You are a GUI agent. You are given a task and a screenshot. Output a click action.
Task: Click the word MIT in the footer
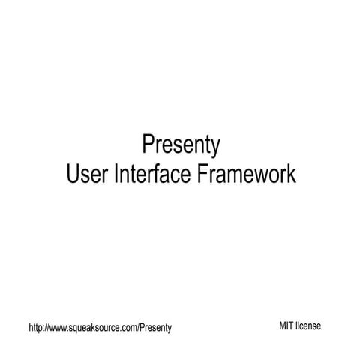(x=286, y=325)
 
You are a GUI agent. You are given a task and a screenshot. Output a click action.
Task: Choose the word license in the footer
(x=308, y=325)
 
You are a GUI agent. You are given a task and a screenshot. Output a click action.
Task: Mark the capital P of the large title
(x=148, y=142)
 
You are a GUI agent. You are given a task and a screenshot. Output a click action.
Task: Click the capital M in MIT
(x=283, y=325)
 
